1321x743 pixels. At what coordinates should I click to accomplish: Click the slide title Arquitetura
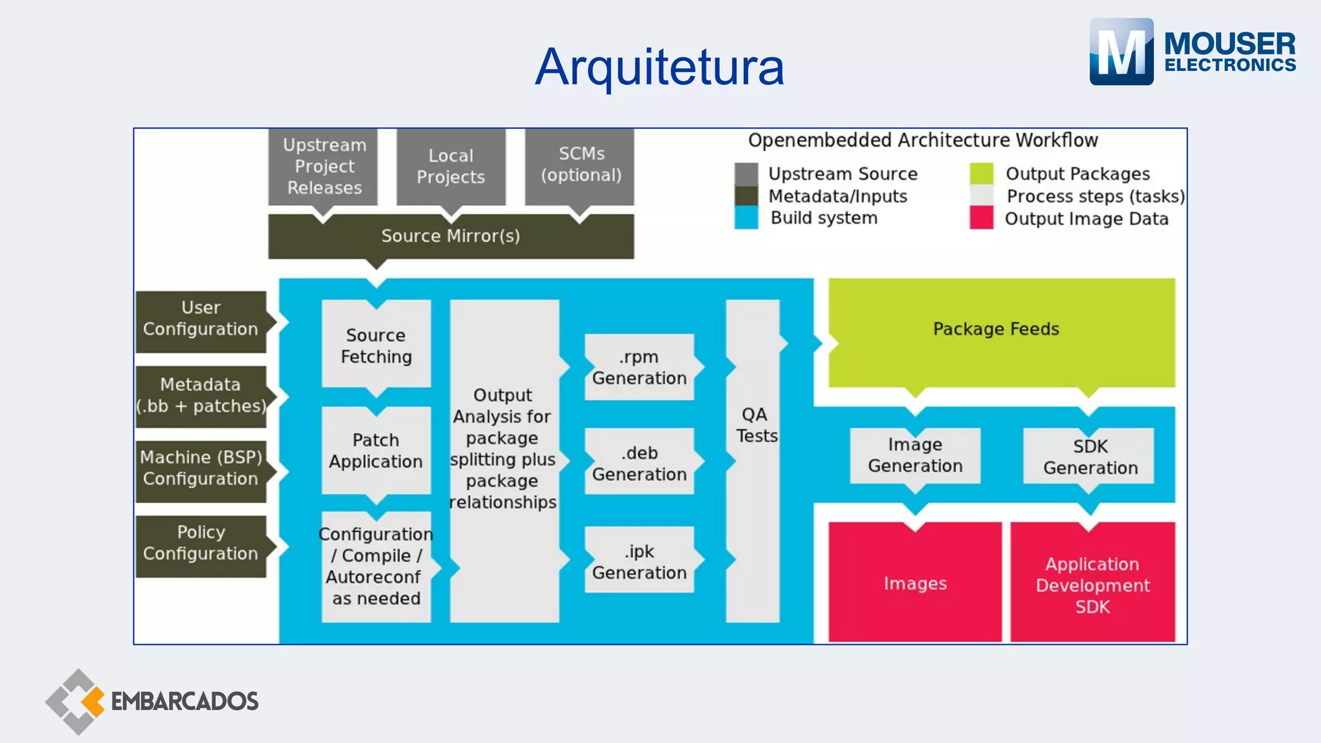659,67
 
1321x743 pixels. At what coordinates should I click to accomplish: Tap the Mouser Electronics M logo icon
1121,52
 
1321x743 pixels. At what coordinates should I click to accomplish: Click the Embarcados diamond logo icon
76,702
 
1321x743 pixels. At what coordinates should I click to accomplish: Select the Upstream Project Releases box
324,166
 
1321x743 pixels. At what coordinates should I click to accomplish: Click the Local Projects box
450,166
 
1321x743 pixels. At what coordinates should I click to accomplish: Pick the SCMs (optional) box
581,165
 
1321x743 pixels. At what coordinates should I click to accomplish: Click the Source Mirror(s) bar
450,236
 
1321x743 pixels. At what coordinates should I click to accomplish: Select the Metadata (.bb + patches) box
201,396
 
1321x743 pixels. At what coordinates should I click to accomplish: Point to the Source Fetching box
376,346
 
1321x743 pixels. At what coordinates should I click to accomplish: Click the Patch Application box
376,451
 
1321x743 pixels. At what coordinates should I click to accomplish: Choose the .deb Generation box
639,463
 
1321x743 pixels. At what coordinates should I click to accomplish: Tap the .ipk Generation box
639,562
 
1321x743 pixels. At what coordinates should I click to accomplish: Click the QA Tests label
755,426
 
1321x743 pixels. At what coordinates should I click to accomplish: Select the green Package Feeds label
996,329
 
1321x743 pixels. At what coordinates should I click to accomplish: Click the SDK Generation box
1090,457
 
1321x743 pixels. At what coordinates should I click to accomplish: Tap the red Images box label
915,583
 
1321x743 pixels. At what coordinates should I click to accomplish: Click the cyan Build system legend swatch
746,218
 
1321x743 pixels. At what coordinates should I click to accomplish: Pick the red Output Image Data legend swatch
981,218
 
